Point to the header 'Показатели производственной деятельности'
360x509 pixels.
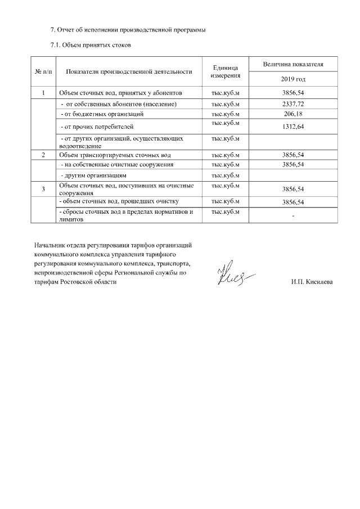pyautogui.click(x=129, y=71)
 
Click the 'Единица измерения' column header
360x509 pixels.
pyautogui.click(x=226, y=71)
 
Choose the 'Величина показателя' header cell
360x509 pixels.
pyautogui.click(x=293, y=65)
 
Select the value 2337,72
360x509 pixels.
pyautogui.click(x=293, y=105)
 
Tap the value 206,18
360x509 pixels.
pyautogui.click(x=293, y=114)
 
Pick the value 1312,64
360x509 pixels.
pyautogui.click(x=293, y=127)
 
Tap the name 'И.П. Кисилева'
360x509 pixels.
pyautogui.click(x=312, y=282)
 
